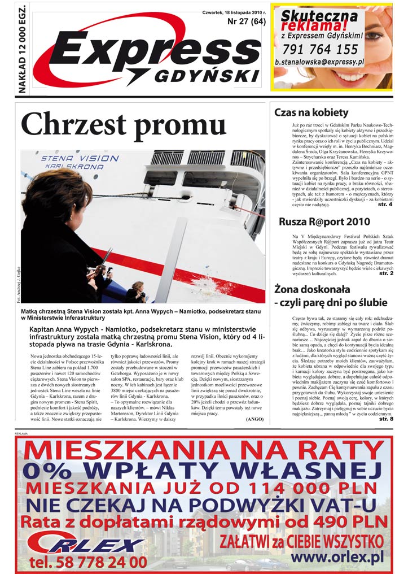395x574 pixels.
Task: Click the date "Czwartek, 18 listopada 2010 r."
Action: tap(234, 12)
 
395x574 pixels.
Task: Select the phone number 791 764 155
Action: tap(319, 50)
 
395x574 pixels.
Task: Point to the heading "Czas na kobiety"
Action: tap(310, 112)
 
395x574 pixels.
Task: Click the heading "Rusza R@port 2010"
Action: tap(324, 221)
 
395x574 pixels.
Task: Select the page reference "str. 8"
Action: tap(386, 419)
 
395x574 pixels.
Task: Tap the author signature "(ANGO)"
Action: tap(255, 420)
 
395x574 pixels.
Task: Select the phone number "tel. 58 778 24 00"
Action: tap(87, 562)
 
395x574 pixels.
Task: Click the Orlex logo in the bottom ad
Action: tap(85, 543)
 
